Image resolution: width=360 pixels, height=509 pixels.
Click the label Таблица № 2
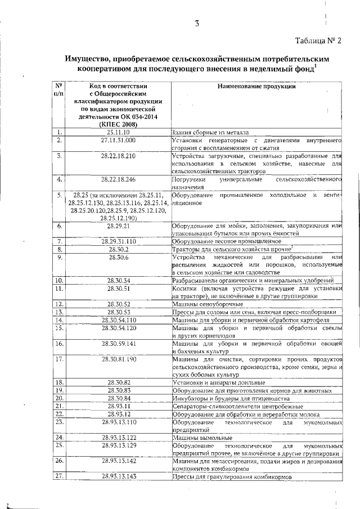click(x=318, y=39)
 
